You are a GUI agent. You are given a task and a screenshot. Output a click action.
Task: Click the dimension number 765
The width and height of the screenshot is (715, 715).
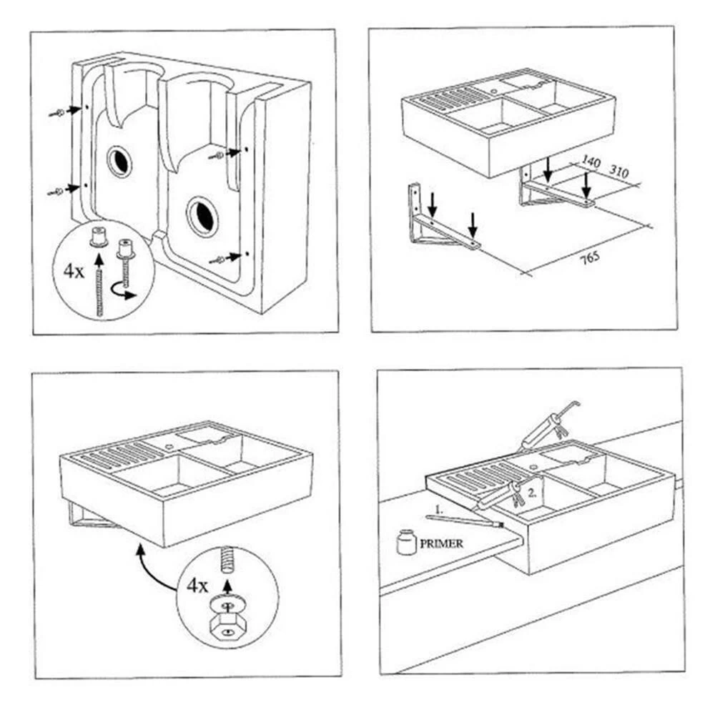pyautogui.click(x=590, y=259)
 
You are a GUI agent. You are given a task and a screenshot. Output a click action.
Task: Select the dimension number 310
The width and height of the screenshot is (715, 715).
pyautogui.click(x=619, y=171)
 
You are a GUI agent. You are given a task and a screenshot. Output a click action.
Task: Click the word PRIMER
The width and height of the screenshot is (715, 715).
pyautogui.click(x=441, y=543)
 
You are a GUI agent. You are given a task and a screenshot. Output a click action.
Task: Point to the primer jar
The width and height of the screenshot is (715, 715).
pyautogui.click(x=406, y=542)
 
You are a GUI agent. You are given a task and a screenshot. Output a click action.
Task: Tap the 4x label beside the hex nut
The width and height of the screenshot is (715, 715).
pyautogui.click(x=197, y=586)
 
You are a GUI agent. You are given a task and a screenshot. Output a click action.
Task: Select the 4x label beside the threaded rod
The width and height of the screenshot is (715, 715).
pyautogui.click(x=74, y=271)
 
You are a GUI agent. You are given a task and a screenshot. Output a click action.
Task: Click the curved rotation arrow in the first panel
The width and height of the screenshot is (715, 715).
pyautogui.click(x=123, y=292)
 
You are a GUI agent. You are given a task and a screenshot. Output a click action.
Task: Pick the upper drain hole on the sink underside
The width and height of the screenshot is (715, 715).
pyautogui.click(x=120, y=162)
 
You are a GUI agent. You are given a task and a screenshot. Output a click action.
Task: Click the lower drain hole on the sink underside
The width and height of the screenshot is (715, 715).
pyautogui.click(x=202, y=217)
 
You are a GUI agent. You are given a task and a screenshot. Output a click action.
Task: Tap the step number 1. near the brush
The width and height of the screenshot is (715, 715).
pyautogui.click(x=439, y=510)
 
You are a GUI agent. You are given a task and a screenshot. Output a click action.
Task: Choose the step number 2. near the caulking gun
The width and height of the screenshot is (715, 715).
pyautogui.click(x=532, y=493)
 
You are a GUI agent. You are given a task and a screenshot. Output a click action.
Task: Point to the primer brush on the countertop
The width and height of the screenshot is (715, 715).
pyautogui.click(x=464, y=521)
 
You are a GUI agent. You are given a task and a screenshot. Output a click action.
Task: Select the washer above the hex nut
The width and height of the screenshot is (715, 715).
pyautogui.click(x=227, y=605)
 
